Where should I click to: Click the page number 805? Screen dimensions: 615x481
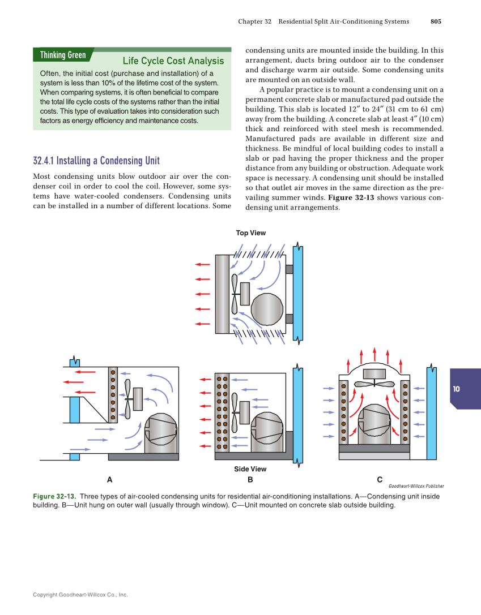(x=435, y=21)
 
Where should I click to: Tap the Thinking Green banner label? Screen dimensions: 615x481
(x=63, y=55)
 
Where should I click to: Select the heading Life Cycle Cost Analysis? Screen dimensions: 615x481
(x=173, y=61)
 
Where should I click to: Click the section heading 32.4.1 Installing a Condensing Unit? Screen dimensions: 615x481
(x=96, y=161)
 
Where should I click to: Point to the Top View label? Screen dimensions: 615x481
(x=250, y=233)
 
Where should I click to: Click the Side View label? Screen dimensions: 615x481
(x=250, y=469)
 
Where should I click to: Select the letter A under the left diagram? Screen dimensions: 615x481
(x=109, y=480)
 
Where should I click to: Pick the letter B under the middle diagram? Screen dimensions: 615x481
(x=250, y=480)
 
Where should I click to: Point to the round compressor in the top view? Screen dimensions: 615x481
(x=267, y=309)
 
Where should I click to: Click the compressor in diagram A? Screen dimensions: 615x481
(x=161, y=433)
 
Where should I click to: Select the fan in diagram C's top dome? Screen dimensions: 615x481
(x=374, y=382)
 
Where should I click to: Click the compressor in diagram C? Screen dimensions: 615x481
(x=374, y=424)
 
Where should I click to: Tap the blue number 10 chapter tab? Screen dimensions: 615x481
(x=457, y=389)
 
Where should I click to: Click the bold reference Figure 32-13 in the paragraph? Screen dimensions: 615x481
(x=351, y=197)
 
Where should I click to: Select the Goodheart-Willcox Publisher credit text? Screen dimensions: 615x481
(x=416, y=486)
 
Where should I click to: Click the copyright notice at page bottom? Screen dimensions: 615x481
(x=80, y=595)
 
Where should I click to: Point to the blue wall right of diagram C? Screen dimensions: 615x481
(x=431, y=413)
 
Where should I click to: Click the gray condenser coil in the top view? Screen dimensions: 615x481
(x=222, y=294)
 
